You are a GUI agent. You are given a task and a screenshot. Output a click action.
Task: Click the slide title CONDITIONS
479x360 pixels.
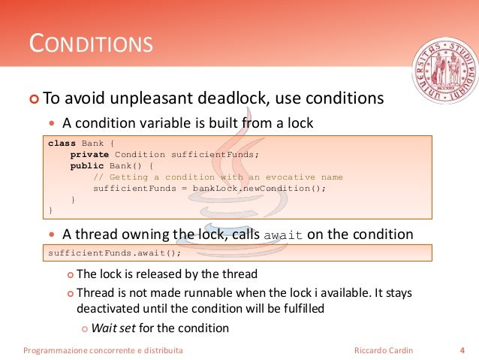click(91, 44)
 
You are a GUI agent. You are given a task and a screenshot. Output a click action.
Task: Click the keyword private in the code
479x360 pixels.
click(90, 154)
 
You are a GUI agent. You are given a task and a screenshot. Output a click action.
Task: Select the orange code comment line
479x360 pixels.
click(218, 177)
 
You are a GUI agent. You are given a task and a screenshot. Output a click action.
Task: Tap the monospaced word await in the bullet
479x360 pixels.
click(284, 235)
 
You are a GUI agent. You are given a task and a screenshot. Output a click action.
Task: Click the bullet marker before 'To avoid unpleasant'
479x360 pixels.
click(33, 99)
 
